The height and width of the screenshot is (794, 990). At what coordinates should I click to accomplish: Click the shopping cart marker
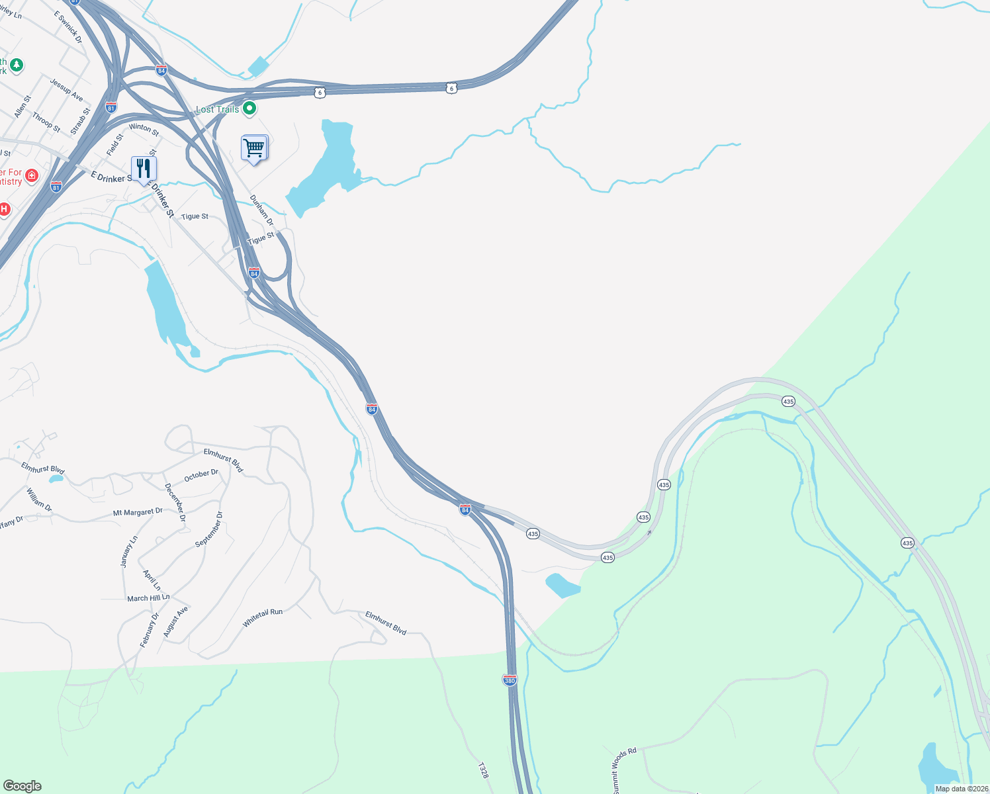[254, 148]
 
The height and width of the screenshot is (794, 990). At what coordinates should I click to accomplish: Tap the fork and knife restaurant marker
[143, 169]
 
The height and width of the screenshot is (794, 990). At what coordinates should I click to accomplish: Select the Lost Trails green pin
[249, 109]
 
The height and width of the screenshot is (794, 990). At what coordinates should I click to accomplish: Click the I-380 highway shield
[510, 680]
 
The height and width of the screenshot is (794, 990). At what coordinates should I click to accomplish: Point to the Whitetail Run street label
[263, 617]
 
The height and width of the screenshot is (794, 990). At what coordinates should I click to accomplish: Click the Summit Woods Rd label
[623, 770]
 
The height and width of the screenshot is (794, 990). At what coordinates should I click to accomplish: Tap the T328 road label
[483, 770]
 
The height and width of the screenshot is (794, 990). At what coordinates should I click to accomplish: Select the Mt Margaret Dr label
[138, 513]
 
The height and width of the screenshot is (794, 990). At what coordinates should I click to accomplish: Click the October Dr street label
[201, 475]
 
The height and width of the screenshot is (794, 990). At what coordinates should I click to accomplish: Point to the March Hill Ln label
[148, 598]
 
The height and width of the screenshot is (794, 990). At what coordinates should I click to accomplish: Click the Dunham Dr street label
[261, 210]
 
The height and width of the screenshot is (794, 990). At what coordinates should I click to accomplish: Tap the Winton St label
[144, 130]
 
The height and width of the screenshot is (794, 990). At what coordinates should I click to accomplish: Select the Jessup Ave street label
[67, 89]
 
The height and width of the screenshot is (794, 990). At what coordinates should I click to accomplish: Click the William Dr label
[39, 499]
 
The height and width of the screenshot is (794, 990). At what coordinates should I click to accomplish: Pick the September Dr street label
[209, 529]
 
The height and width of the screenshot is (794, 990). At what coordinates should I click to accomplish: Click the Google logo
[22, 786]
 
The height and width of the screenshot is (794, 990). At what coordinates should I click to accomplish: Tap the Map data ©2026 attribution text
[962, 789]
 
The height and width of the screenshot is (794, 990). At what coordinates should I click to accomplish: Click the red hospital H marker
[4, 210]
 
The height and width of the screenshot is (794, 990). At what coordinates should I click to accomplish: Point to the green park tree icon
[17, 65]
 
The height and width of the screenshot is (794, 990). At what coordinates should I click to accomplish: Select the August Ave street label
[176, 621]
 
